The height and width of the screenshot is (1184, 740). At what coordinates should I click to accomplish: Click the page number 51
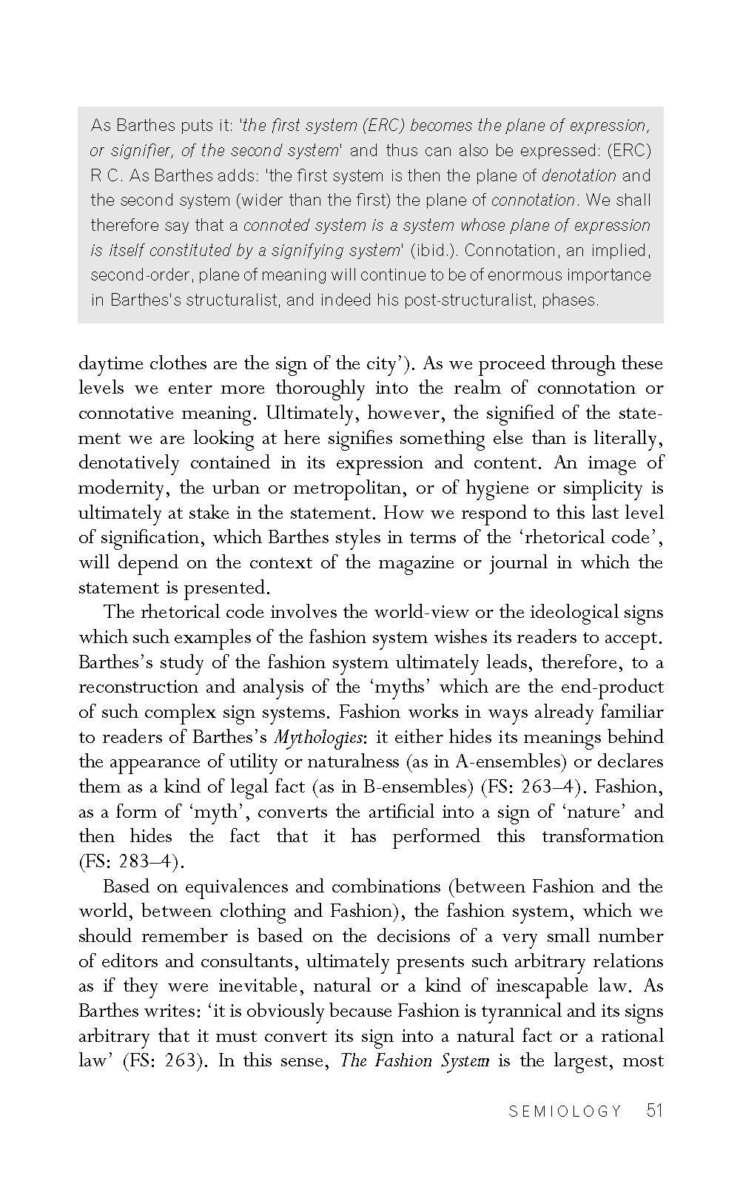pyautogui.click(x=654, y=1111)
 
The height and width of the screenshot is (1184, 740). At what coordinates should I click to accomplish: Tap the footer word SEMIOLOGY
pyautogui.click(x=566, y=1111)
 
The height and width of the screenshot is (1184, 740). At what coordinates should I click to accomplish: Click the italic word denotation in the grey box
pyautogui.click(x=579, y=175)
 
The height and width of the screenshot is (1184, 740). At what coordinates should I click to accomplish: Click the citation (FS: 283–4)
pyautogui.click(x=131, y=862)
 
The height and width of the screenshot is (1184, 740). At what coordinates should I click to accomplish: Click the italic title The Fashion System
pyautogui.click(x=414, y=1060)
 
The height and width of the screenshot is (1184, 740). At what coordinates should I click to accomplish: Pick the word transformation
pyautogui.click(x=602, y=837)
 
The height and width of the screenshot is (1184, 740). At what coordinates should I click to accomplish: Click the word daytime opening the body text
pyautogui.click(x=112, y=363)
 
